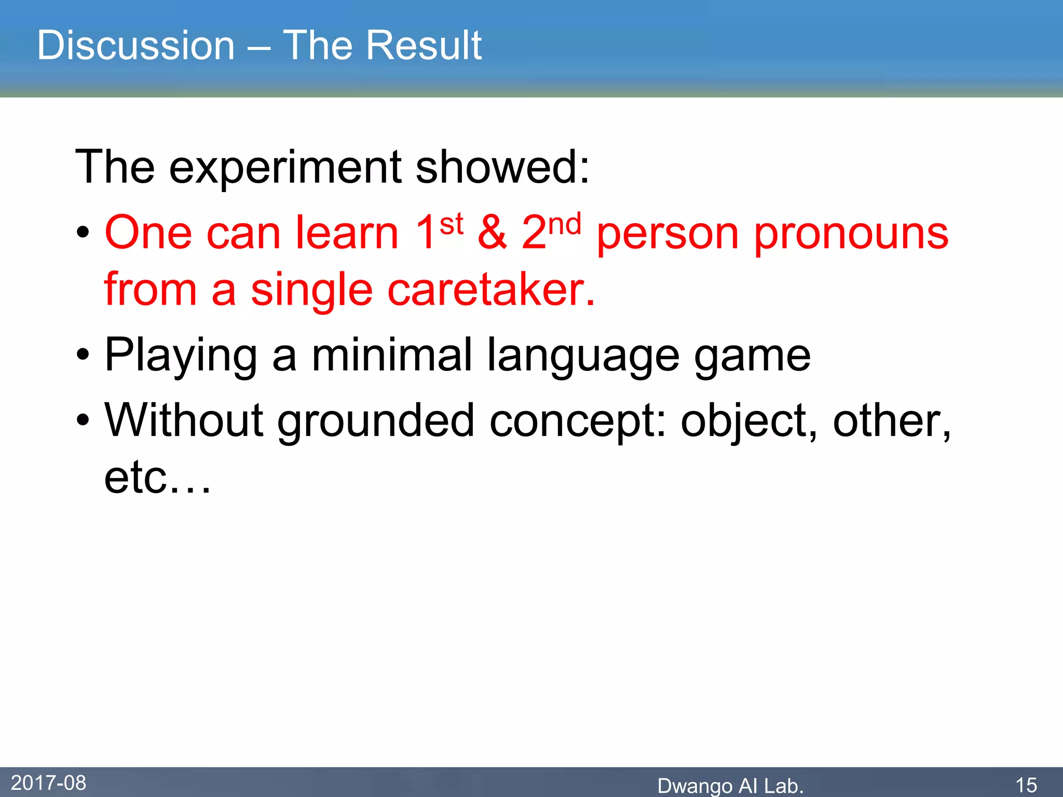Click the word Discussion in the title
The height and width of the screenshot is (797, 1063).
pyautogui.click(x=136, y=46)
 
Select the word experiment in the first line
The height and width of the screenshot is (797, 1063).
pyautogui.click(x=285, y=168)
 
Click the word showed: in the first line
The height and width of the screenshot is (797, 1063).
pyautogui.click(x=502, y=168)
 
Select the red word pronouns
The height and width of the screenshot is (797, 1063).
pyautogui.click(x=851, y=235)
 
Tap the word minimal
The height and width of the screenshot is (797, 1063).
pyautogui.click(x=392, y=355)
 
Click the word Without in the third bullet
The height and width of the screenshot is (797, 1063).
pyautogui.click(x=184, y=420)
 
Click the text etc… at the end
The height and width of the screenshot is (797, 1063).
pyautogui.click(x=157, y=478)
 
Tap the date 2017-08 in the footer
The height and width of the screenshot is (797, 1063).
pyautogui.click(x=48, y=783)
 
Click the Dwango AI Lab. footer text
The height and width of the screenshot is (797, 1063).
pyautogui.click(x=730, y=786)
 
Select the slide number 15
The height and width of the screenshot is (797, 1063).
pyautogui.click(x=1026, y=785)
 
